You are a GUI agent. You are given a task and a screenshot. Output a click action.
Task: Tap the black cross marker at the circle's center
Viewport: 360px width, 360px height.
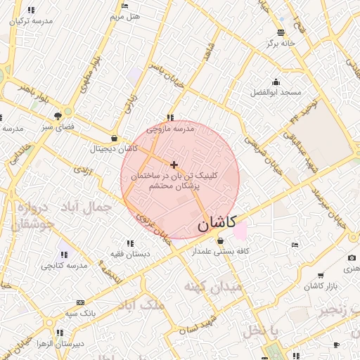174,165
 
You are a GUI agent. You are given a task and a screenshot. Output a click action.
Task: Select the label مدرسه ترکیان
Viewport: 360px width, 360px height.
31,21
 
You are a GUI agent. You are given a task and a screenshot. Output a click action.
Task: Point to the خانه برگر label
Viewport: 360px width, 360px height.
281,43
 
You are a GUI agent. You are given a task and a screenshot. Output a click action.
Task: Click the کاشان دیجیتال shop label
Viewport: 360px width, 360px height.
113,149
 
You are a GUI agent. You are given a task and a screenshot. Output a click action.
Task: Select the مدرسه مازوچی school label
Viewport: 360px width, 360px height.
169,129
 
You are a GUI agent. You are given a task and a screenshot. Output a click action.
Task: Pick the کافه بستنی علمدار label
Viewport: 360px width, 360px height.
220,251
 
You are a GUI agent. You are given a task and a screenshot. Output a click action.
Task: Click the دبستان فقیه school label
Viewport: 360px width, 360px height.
127,253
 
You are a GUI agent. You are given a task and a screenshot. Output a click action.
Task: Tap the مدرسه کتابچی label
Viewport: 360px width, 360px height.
63,265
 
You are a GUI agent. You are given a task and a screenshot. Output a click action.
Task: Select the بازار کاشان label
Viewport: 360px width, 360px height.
321,286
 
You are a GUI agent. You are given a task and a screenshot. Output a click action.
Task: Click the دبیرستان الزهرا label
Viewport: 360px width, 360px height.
60,344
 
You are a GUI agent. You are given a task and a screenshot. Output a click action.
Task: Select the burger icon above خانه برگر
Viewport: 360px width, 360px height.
281,32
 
